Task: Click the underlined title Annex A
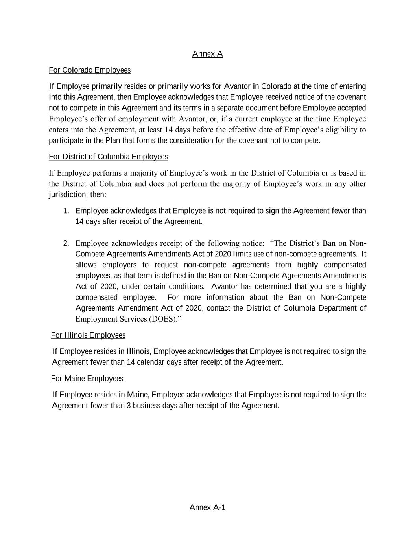207,54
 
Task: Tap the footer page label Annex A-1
207,507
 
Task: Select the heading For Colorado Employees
90,70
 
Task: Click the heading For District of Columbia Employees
108,157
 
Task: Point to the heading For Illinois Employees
88,335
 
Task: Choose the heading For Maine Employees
87,378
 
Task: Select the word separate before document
231,108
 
